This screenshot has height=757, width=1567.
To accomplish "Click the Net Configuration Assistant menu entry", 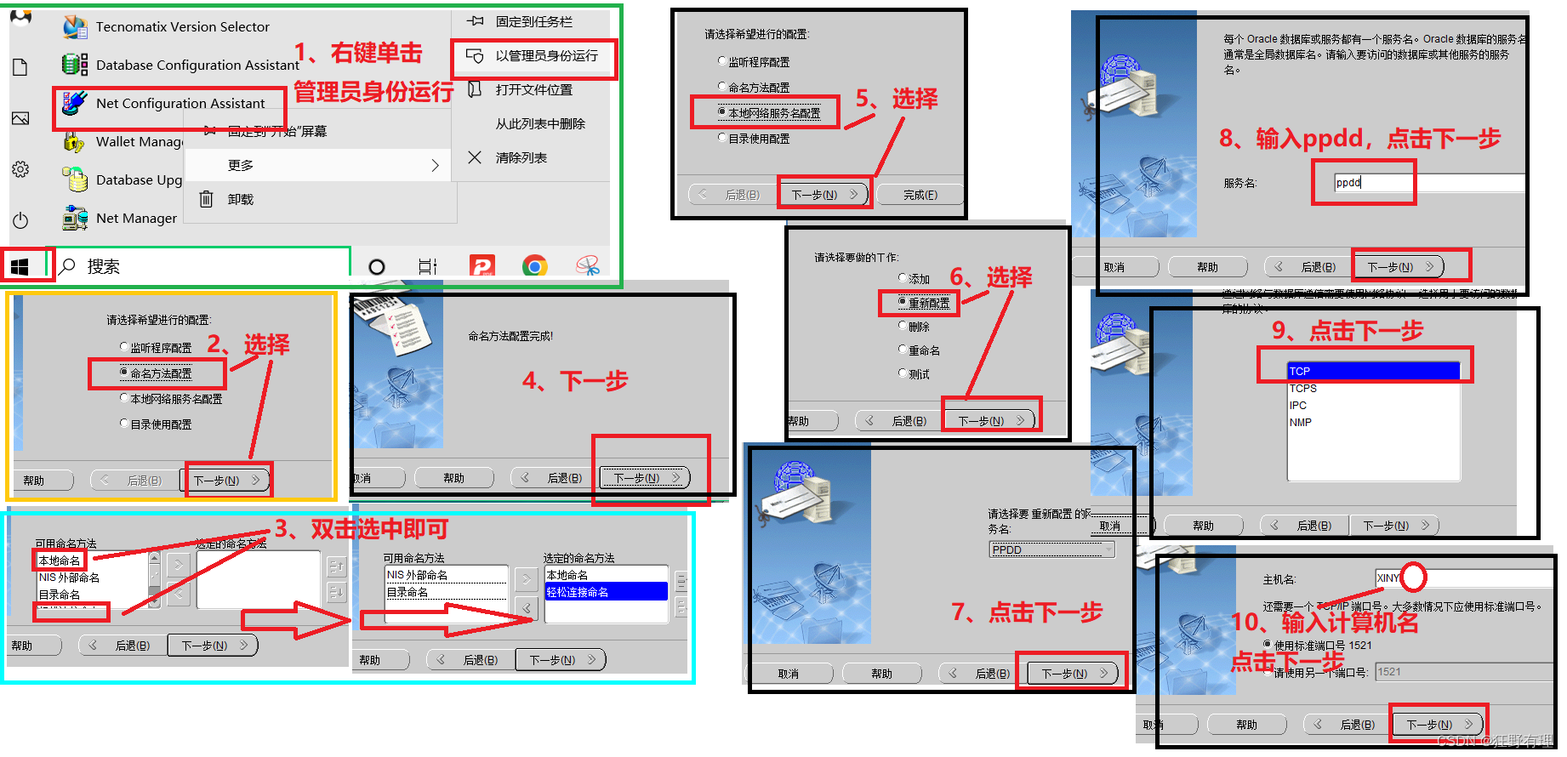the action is (x=179, y=104).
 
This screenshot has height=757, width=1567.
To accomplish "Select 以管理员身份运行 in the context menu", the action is (x=546, y=56).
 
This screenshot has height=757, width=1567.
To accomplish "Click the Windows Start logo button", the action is (x=20, y=267).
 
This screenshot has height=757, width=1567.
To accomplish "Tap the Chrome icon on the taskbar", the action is (x=535, y=267).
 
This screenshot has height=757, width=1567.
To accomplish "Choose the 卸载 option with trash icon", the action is (x=240, y=200).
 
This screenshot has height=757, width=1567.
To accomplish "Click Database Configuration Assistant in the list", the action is (x=197, y=65).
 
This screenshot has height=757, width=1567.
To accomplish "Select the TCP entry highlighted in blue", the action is (x=1373, y=372).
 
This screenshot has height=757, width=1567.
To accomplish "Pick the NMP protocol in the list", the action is (x=1301, y=423).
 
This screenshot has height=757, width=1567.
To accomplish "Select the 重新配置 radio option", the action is (x=928, y=304).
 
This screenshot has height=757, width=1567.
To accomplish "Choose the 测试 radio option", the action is (x=918, y=375).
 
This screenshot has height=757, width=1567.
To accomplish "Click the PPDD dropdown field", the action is (x=1051, y=550).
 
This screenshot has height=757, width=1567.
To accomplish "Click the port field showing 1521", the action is (x=1463, y=672).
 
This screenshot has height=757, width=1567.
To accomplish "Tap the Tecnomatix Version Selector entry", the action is (x=182, y=27).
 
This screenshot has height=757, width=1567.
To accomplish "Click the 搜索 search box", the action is (x=204, y=267).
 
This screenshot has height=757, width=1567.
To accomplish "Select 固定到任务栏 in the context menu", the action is (x=533, y=22).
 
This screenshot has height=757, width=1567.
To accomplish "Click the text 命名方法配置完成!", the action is (x=510, y=337).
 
